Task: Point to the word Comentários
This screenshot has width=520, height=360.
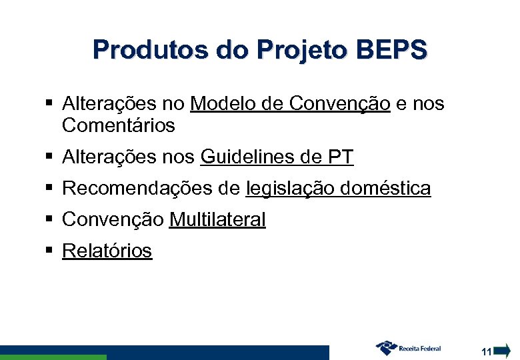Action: [x=118, y=125]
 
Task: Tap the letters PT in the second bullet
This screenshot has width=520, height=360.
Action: [x=341, y=157]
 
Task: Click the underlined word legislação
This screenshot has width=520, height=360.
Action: [x=290, y=189]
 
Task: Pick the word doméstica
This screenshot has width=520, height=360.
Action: [x=385, y=189]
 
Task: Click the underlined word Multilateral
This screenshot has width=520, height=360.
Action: [x=217, y=219]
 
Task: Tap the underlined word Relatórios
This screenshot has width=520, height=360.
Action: [x=107, y=251]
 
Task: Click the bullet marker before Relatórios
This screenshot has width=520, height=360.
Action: [x=49, y=250]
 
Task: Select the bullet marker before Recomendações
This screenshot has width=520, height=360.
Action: [x=49, y=188]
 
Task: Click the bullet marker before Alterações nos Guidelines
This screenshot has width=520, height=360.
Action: [x=49, y=157]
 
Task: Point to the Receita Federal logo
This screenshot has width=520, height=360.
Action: [x=409, y=348]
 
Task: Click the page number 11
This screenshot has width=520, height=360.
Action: [x=486, y=351]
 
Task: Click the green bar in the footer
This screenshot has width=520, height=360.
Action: [x=53, y=357]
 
